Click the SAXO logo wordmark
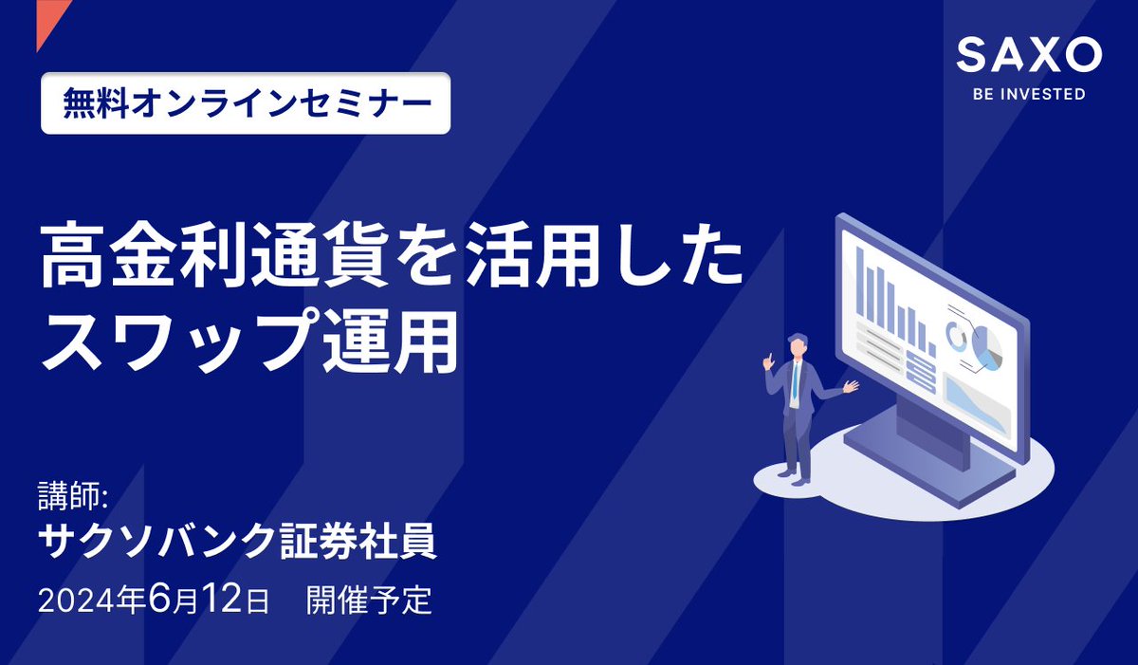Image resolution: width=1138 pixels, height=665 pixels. point(1029,56)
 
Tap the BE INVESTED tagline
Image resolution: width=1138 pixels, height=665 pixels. point(1029,95)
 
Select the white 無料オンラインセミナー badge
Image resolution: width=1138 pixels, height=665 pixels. point(246,102)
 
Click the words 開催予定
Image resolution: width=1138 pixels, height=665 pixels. point(369,600)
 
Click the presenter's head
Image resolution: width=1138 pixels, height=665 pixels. point(798,344)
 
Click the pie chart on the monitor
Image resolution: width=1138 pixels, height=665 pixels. point(986,346)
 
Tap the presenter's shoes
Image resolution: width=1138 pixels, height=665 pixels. point(795,480)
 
